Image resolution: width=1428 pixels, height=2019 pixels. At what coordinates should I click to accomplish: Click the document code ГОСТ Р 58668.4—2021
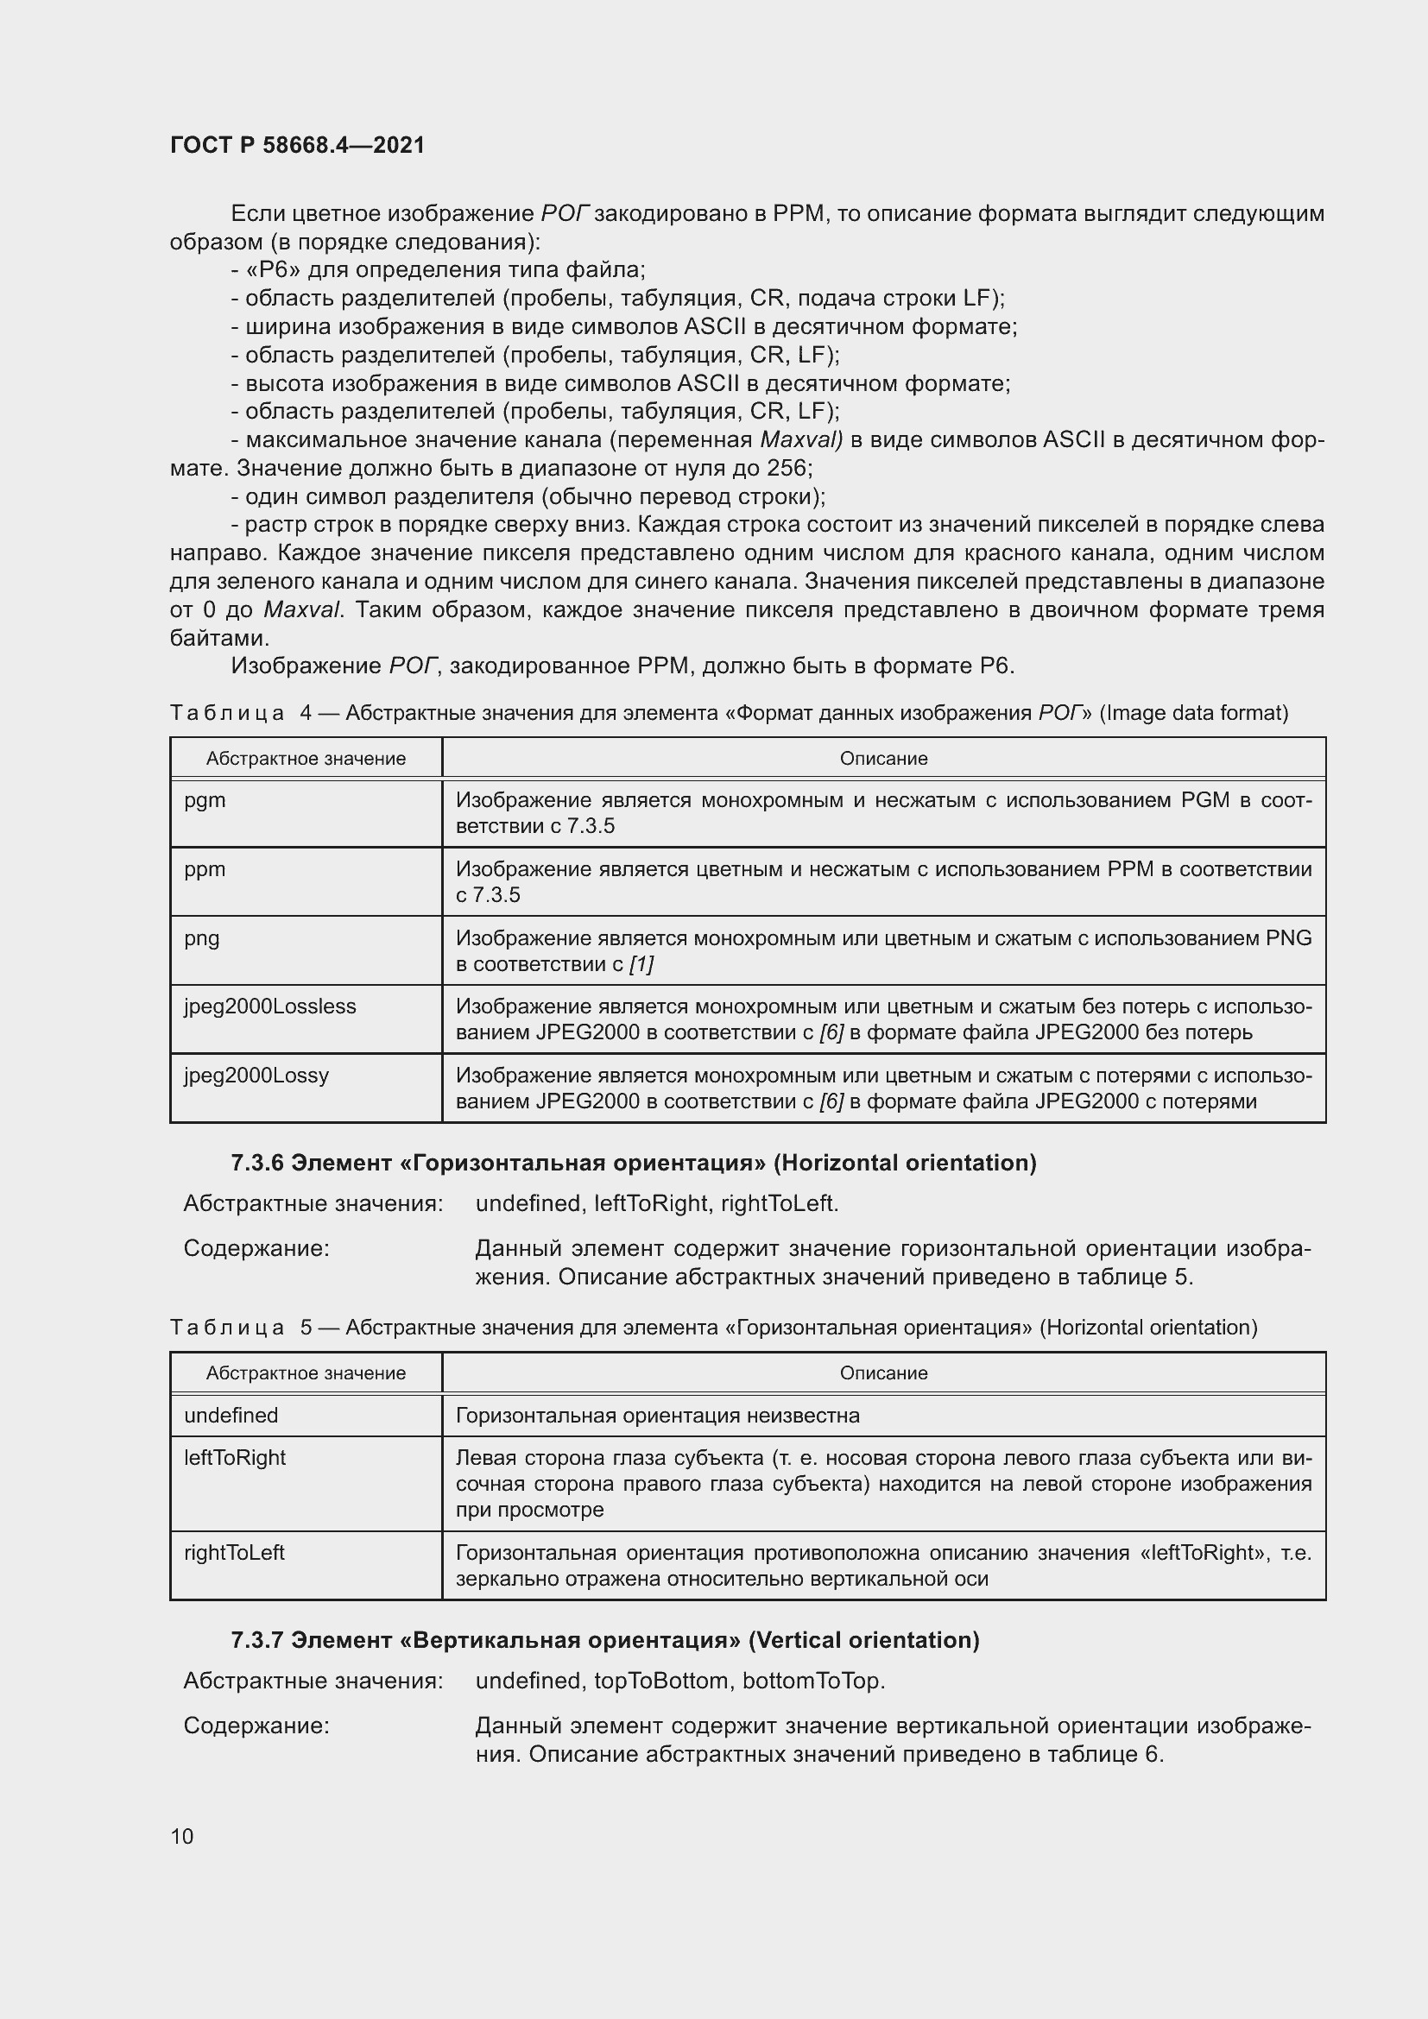tap(297, 145)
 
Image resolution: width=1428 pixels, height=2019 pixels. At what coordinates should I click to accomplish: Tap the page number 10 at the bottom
tap(182, 1836)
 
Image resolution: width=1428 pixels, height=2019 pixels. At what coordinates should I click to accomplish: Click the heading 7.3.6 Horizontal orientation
tap(633, 1163)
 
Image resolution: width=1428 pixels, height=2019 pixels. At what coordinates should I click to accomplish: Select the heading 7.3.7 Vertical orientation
tap(605, 1639)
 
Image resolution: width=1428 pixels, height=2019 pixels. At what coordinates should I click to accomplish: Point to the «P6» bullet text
tap(438, 270)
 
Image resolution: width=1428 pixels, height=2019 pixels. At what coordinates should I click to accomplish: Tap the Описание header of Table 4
tap(883, 758)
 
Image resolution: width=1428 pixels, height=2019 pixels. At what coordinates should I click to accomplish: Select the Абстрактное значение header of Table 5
tap(306, 1372)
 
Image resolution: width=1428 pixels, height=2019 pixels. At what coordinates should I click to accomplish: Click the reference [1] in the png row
tap(641, 964)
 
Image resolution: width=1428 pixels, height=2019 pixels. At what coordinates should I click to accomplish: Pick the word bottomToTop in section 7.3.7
tap(812, 1681)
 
